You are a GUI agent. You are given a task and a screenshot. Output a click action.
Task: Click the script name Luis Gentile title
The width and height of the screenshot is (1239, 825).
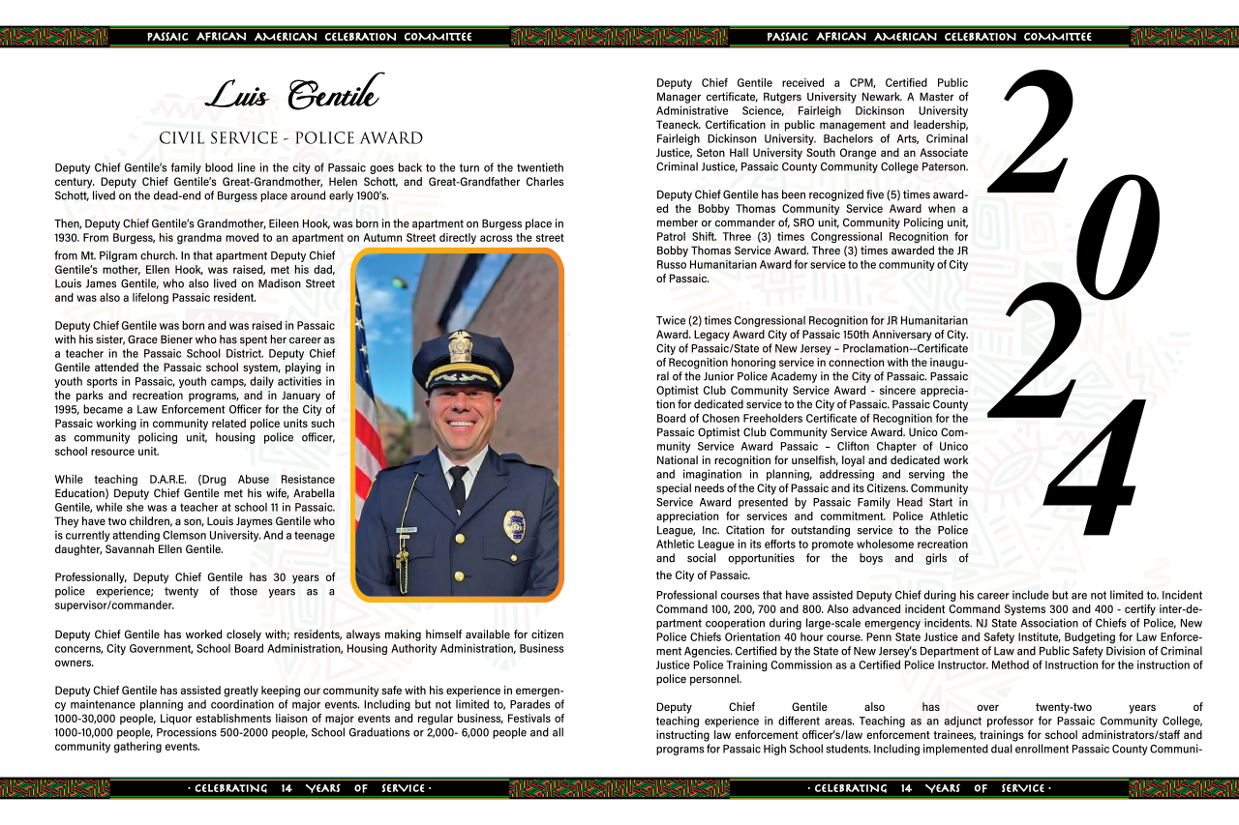click(x=294, y=95)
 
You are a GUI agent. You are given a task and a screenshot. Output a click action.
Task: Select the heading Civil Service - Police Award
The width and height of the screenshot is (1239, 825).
click(x=290, y=138)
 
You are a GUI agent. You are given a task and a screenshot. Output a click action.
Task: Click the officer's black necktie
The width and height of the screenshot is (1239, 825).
click(x=458, y=487)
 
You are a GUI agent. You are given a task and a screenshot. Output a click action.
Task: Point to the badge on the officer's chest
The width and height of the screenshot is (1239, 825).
click(x=515, y=526)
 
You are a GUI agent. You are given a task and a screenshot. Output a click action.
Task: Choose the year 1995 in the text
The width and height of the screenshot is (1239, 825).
click(x=70, y=409)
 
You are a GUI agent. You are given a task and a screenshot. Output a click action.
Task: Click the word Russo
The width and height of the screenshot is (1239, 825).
click(x=675, y=265)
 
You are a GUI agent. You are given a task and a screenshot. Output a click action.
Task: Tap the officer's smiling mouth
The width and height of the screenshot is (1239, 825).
click(x=462, y=423)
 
